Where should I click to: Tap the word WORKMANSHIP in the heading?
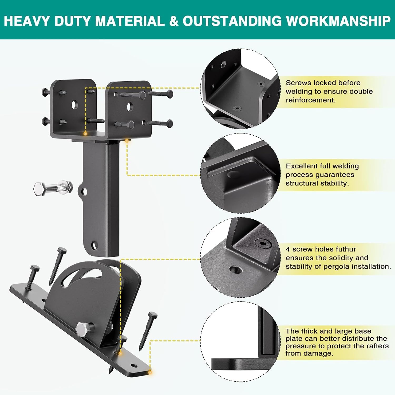tap(338, 21)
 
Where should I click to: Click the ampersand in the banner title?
tap(174, 21)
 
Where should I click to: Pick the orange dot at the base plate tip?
tap(150, 372)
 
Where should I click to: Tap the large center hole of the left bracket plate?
tap(75, 105)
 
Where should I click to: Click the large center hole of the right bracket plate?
tap(130, 107)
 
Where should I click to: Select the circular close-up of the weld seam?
tap(240, 173)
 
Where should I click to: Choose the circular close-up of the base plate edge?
tap(240, 341)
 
